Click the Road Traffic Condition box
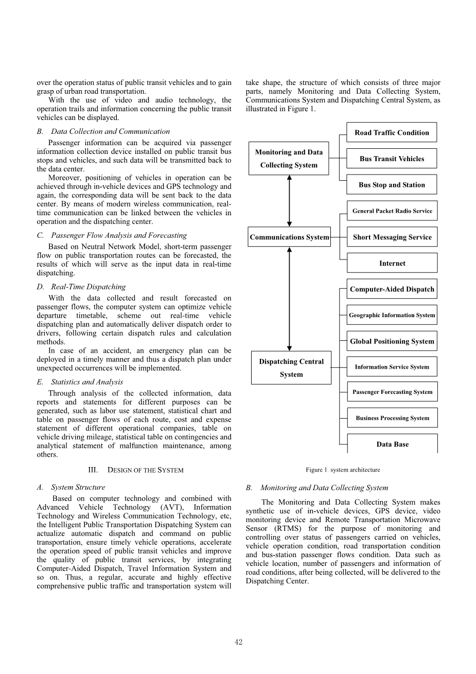392,132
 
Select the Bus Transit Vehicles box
392,159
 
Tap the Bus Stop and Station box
392,185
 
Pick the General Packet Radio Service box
392,211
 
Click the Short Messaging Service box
392,237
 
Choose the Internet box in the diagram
392,263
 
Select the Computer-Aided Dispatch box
392,289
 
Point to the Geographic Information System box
392,315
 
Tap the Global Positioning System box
392,341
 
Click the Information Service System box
392,367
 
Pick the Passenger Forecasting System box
392,392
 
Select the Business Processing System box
392,418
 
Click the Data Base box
392,444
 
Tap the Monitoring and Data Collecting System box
289,159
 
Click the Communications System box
289,237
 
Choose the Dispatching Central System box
291,368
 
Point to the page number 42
238,642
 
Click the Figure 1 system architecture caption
343,470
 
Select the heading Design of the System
136,470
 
